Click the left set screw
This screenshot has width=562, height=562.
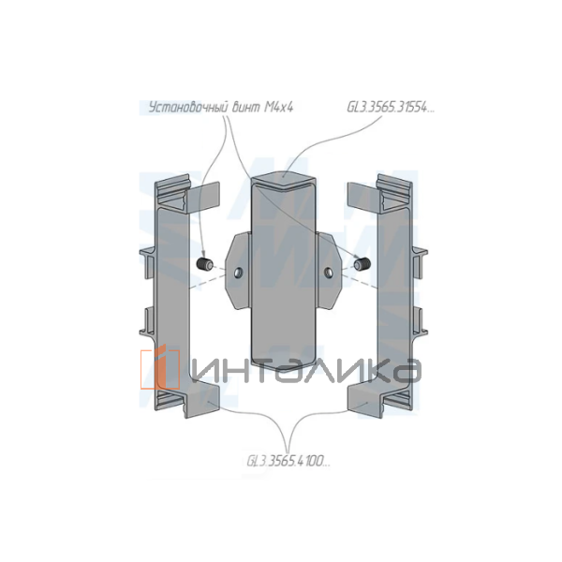coord(205,265)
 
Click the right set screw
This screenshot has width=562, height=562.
coord(362,264)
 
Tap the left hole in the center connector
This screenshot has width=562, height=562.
coord(238,274)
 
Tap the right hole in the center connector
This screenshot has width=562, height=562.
coord(328,274)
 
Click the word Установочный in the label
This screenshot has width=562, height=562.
coord(188,108)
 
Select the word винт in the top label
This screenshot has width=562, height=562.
coord(246,108)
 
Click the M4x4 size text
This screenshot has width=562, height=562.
coord(279,108)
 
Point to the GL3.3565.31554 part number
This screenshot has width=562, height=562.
coord(391,108)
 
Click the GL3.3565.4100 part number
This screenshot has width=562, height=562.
coord(288,461)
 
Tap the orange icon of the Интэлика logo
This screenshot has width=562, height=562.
coord(160,368)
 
